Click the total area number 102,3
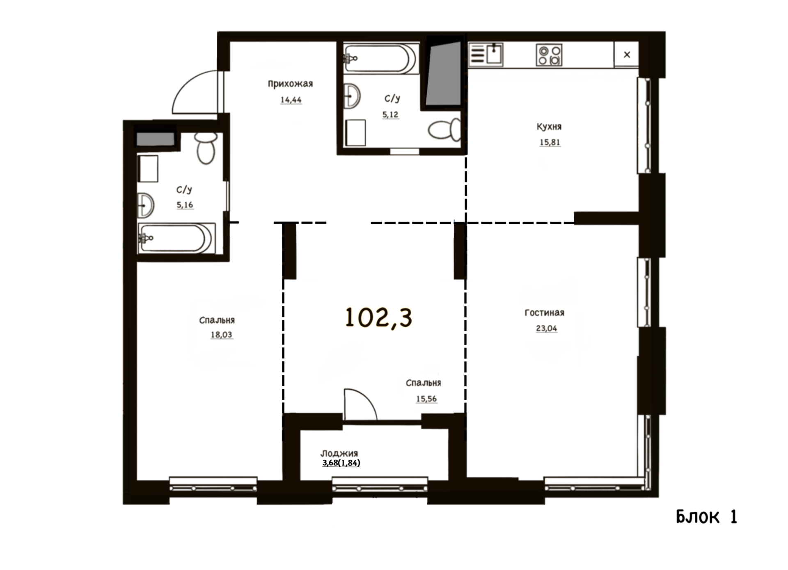point(378,318)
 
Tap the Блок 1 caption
point(706,517)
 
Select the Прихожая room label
point(290,84)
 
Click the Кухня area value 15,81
point(550,142)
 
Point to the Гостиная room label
point(544,313)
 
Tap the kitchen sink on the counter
point(495,54)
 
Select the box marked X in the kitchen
point(626,54)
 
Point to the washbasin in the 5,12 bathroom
point(352,96)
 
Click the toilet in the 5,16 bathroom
point(206,148)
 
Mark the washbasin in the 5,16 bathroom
point(146,205)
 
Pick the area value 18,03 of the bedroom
point(221,335)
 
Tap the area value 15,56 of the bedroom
point(426,399)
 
